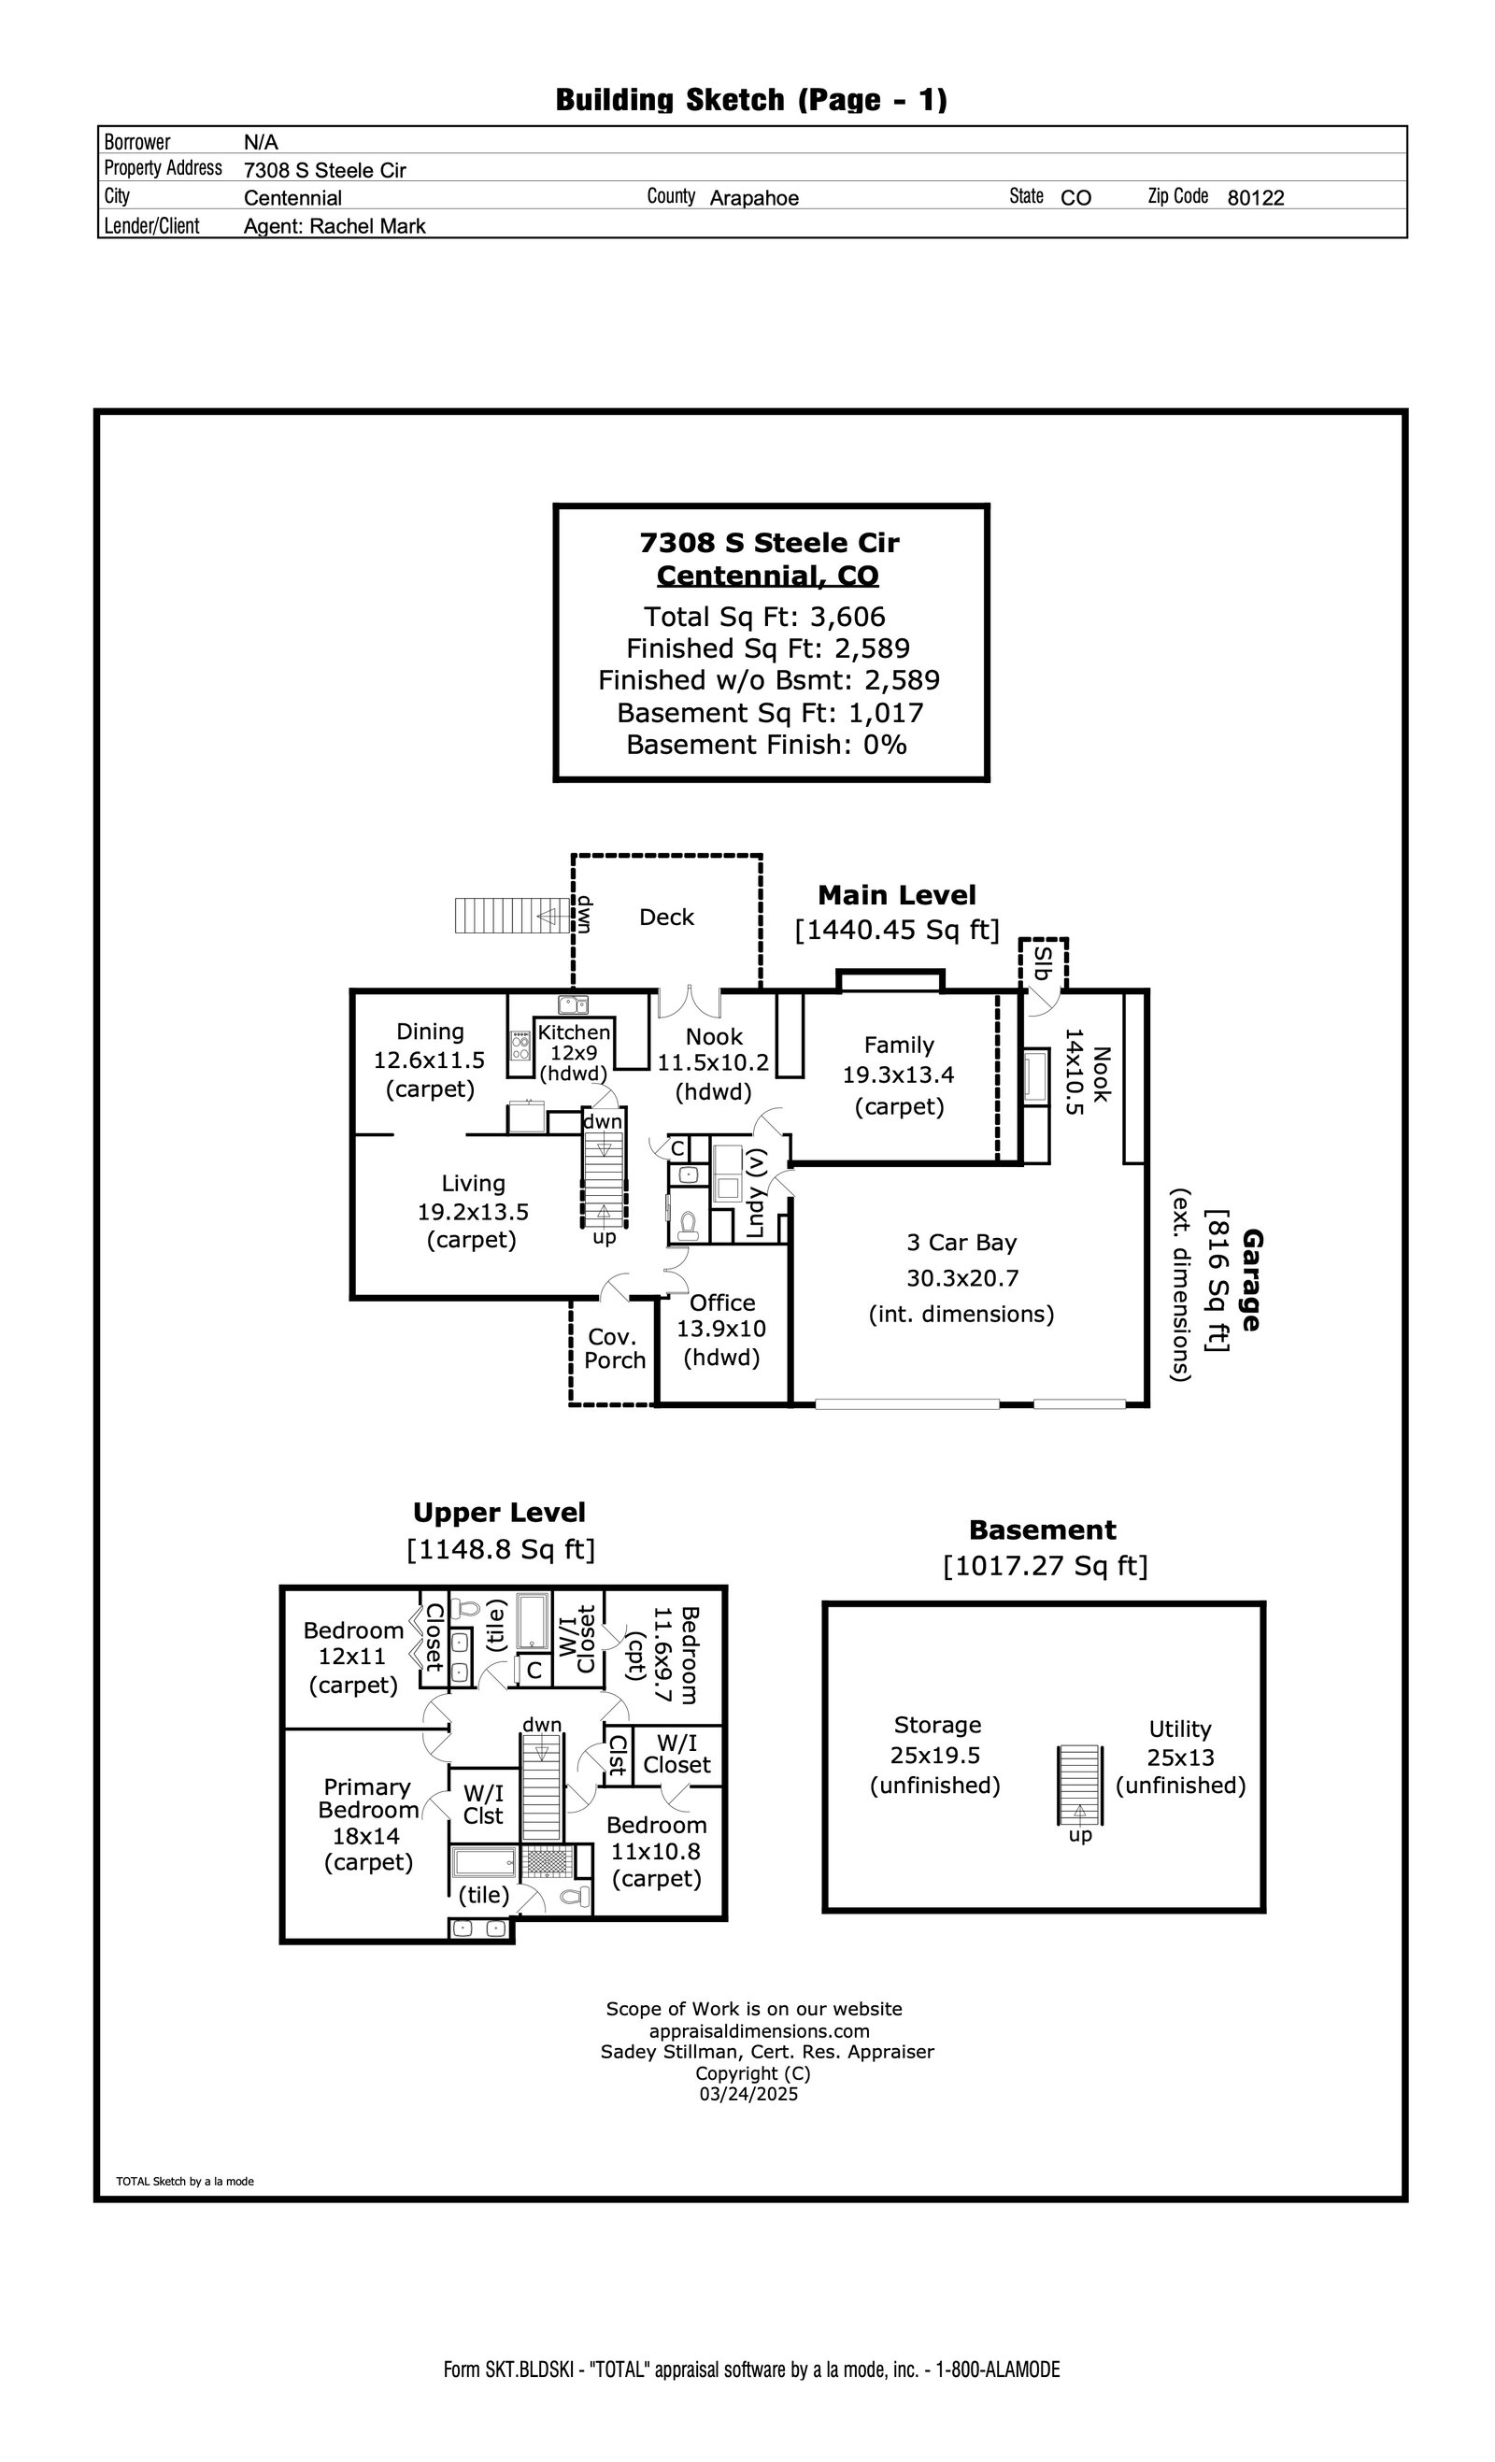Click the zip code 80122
click(1255, 198)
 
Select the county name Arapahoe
click(753, 198)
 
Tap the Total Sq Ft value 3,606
click(847, 617)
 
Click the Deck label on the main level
click(666, 918)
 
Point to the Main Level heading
click(896, 895)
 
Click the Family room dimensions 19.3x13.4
click(898, 1075)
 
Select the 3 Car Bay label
click(961, 1243)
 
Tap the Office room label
click(721, 1302)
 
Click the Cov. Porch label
click(615, 1349)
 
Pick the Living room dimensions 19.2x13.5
click(473, 1212)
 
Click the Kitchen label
click(574, 1032)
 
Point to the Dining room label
click(430, 1032)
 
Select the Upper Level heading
click(499, 1513)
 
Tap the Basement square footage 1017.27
click(1046, 1566)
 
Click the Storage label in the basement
click(937, 1725)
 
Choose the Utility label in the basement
click(1179, 1729)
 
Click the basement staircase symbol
click(1079, 1785)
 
